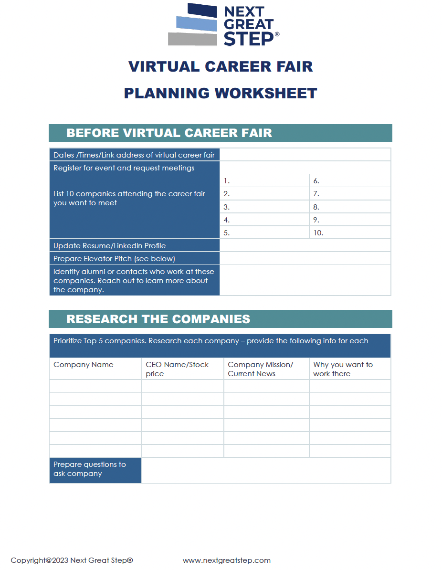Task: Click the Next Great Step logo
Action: coord(223,25)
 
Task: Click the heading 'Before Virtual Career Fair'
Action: coord(169,133)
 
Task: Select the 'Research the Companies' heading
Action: coord(158,319)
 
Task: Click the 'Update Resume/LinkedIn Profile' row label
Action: coord(110,246)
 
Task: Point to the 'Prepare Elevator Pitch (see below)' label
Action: coord(114,259)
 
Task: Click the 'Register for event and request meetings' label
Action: coord(124,168)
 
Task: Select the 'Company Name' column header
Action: coord(84,365)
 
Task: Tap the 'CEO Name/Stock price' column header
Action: coord(177,369)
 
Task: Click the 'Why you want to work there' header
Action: coord(343,369)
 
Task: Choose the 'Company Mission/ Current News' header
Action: coord(260,369)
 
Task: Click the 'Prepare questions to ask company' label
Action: coord(90,469)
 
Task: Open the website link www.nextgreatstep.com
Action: coord(227,560)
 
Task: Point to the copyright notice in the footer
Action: coord(72,560)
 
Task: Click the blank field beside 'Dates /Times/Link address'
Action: coord(305,155)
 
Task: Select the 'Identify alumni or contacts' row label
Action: coord(134,280)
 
